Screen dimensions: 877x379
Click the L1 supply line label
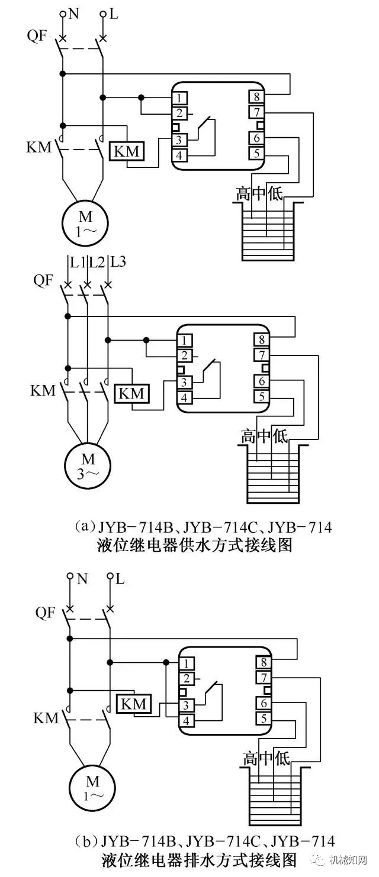click(78, 261)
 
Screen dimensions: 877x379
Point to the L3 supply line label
click(118, 261)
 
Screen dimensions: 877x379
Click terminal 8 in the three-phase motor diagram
click(261, 340)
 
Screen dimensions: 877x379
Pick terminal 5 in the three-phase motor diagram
click(261, 397)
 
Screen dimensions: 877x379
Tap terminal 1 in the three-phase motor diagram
click(185, 340)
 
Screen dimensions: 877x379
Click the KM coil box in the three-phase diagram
click(132, 392)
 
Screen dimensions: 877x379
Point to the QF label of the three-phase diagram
click(43, 281)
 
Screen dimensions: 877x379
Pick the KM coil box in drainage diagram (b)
click(134, 704)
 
